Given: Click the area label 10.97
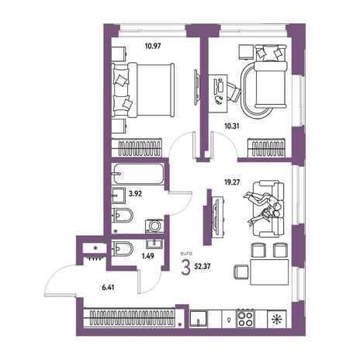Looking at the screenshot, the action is tap(153, 47).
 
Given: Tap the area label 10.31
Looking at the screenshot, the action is tap(232, 126).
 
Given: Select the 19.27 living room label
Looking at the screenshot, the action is tap(232, 182).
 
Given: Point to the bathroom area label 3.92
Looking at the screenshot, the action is tap(135, 193).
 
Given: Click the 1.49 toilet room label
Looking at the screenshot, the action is tap(147, 256).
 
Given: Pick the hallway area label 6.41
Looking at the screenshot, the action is tap(108, 287).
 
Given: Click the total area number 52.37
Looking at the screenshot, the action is tap(202, 267).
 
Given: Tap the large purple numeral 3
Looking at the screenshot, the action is tap(185, 268).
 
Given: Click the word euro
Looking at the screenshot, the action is tap(186, 254).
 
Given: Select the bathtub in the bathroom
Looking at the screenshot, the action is tap(138, 174).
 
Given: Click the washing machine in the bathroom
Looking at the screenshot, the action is tap(154, 226).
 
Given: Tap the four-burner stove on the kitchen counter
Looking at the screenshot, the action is tap(245, 319).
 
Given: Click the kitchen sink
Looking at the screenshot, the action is tap(199, 319).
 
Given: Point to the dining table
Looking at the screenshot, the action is tap(269, 272).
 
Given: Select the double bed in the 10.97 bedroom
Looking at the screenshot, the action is tap(143, 90).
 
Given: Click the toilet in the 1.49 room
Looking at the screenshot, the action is tap(123, 248).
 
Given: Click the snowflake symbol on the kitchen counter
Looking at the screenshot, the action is tap(277, 319).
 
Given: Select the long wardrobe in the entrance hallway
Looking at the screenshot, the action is tap(130, 318).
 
